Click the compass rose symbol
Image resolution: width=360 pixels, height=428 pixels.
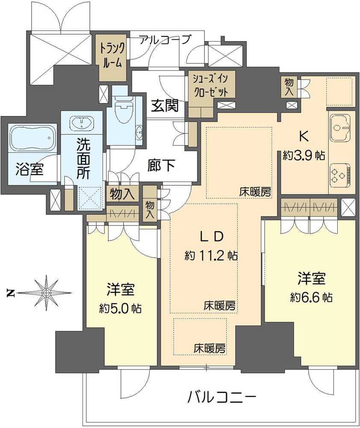pos(45,293)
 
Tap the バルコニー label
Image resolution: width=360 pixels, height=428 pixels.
pos(222,397)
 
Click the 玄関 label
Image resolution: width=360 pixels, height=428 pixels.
pos(165,105)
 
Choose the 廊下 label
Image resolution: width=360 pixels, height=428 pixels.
pos(161,165)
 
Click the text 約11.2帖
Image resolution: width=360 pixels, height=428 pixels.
pos(211,256)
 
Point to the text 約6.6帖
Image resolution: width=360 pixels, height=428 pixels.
pos(311,297)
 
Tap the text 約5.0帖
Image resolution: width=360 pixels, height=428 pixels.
pos(121,309)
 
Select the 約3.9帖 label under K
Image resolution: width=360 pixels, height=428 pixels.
pos(304,156)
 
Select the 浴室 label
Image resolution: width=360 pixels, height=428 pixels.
pos(29,169)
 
